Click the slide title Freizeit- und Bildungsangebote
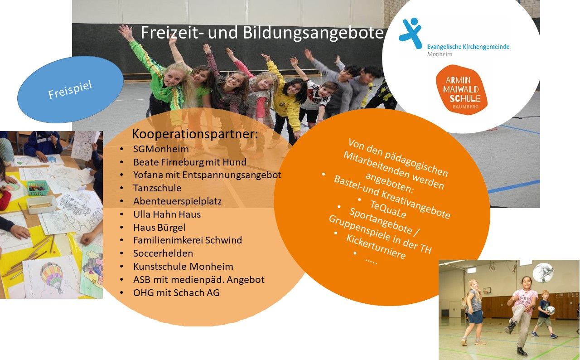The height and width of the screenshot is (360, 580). point(262,33)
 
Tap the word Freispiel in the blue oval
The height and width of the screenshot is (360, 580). point(70,90)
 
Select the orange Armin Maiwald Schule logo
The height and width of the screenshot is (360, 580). point(461,90)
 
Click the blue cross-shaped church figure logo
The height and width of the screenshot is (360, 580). point(411,33)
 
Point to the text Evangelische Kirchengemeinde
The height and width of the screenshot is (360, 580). point(468,47)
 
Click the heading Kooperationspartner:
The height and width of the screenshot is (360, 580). point(195,134)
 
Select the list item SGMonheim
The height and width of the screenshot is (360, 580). point(161,149)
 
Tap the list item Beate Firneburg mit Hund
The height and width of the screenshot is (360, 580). point(190,162)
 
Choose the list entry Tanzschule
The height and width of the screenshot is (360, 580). point(157,188)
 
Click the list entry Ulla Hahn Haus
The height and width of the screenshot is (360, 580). point(167,214)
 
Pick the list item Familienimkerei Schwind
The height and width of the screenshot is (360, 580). point(188,240)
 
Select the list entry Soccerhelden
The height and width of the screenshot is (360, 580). point(163,253)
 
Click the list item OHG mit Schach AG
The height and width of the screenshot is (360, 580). point(176,292)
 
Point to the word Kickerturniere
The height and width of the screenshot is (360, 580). point(376,247)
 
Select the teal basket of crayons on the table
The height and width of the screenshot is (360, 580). point(38,188)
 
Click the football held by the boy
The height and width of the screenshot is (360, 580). point(550,310)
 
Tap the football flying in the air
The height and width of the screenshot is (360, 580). point(543,273)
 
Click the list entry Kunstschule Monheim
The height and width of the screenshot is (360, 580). point(183,267)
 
